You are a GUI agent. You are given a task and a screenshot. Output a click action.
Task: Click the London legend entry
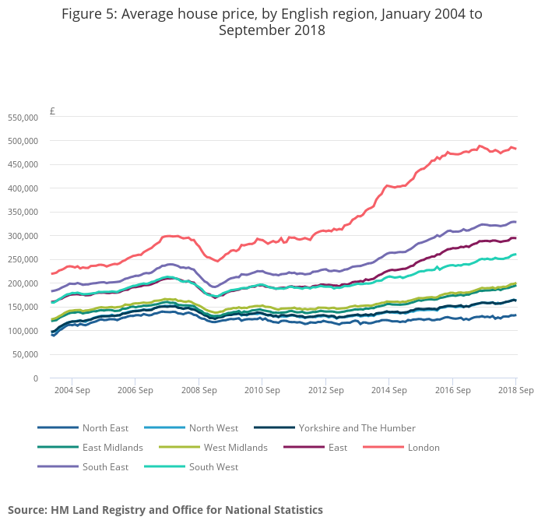[x=424, y=448]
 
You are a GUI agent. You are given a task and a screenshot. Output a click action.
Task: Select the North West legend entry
[x=213, y=428]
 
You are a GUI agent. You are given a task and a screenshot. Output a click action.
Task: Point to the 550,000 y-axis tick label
[x=23, y=118]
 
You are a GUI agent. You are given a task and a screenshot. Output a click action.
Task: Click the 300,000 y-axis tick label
[x=23, y=236]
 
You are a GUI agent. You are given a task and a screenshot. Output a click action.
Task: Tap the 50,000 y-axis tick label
[x=25, y=354]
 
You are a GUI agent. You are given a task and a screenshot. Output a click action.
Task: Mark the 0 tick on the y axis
[x=35, y=378]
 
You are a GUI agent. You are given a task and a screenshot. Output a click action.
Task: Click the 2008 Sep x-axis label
[x=198, y=390]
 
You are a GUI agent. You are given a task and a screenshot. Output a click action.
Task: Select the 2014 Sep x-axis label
[x=389, y=390]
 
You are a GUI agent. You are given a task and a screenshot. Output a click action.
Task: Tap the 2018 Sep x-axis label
[x=515, y=390]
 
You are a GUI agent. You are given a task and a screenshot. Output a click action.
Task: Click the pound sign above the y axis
[x=52, y=111]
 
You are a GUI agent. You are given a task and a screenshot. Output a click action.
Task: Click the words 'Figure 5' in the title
[x=89, y=14]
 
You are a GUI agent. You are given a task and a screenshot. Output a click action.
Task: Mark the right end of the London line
[x=515, y=149]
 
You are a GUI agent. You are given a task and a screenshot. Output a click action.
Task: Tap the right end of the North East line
[x=515, y=315]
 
